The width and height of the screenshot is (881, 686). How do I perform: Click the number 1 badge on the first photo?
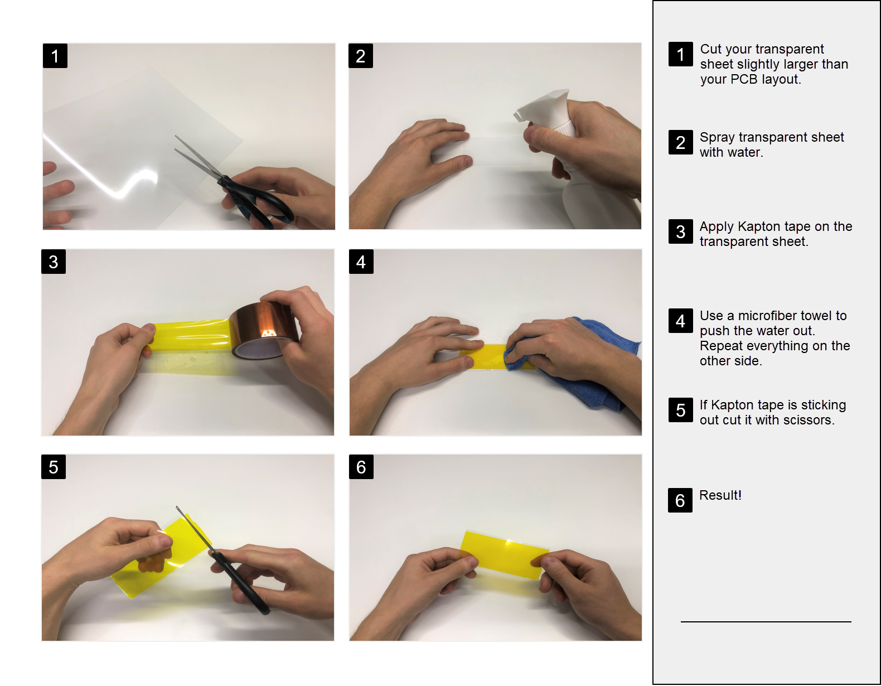tap(55, 56)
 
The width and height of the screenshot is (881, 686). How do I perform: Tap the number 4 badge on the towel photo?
tap(361, 262)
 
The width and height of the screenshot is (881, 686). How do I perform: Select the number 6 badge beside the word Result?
tap(680, 500)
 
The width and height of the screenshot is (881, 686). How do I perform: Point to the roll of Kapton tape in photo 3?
tap(263, 330)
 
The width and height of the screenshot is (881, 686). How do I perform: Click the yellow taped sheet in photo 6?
tap(505, 554)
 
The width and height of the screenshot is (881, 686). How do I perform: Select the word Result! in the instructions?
tap(720, 495)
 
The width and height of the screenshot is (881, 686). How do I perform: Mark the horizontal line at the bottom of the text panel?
tap(766, 621)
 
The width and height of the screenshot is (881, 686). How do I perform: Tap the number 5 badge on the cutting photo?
tap(54, 467)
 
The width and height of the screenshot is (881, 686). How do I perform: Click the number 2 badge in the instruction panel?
tap(681, 142)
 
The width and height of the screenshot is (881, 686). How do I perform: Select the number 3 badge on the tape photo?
tap(54, 262)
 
